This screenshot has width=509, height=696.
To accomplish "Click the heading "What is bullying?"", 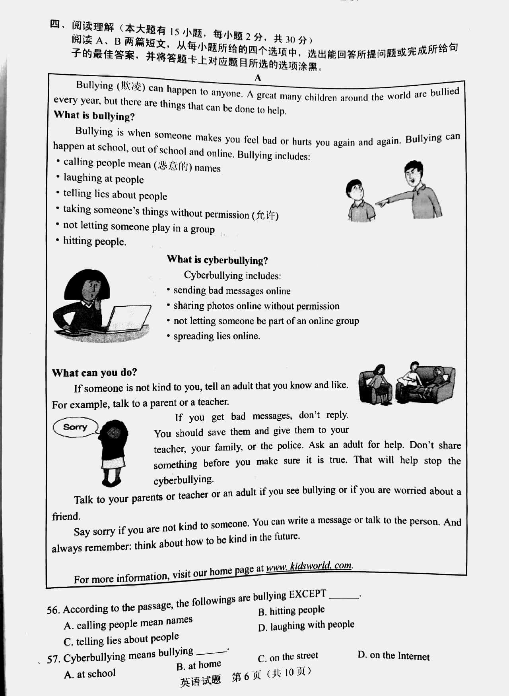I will point(94,116).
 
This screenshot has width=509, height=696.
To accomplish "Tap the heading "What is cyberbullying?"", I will point(217,260).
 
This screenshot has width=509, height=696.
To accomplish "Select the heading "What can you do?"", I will point(94,373).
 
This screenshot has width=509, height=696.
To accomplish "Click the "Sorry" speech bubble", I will point(75,427).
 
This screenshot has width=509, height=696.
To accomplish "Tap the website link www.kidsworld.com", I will point(309,566).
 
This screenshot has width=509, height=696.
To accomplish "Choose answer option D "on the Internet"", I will point(394,656).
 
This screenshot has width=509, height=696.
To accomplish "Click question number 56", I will point(53,610).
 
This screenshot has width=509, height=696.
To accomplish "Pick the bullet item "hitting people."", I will point(94,241).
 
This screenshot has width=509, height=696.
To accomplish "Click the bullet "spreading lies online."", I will point(216,336).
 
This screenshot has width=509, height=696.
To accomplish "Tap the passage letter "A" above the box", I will point(258,78).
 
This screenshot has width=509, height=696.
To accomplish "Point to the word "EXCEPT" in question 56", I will point(307,594).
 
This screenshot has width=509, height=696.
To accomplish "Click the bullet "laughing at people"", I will point(103,179).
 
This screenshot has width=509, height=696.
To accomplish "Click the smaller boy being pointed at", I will point(359,201).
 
